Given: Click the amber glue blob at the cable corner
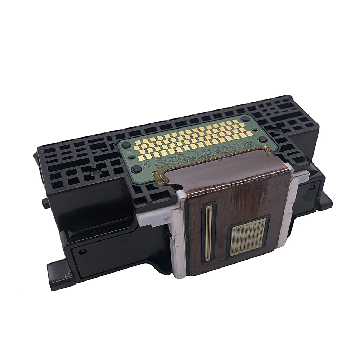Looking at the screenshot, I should [x=161, y=176].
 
